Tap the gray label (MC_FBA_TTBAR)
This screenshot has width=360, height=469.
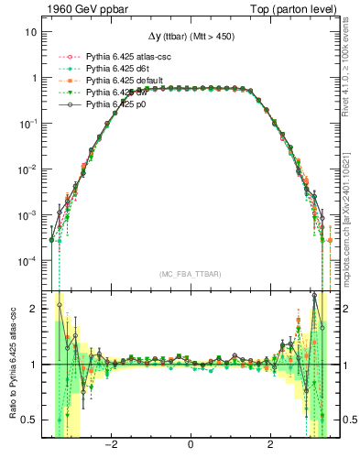tap(190, 274)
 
